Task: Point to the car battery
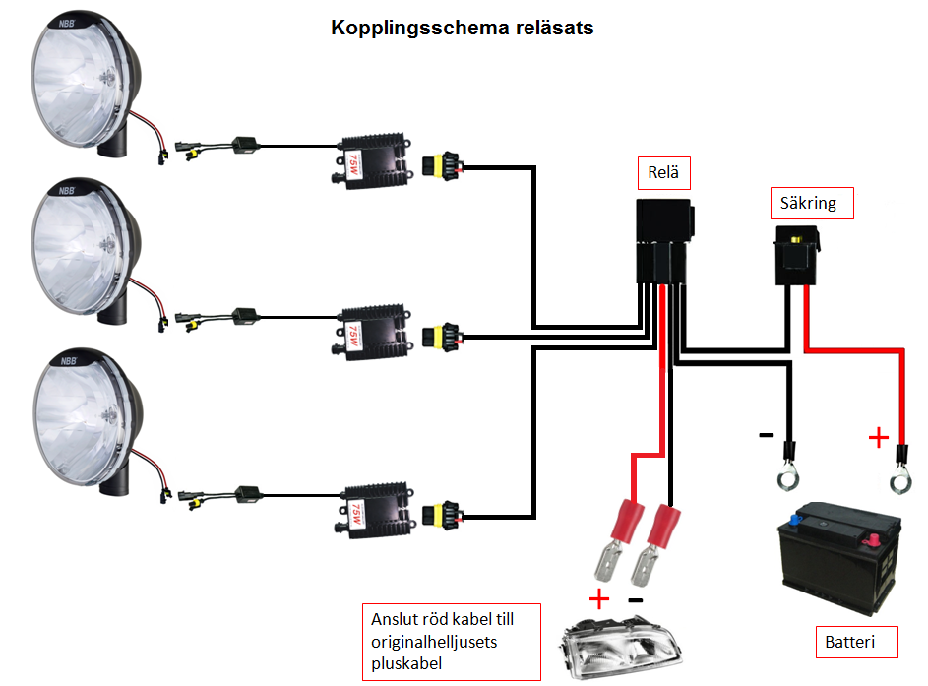(x=839, y=557)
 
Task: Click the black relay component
(x=665, y=240)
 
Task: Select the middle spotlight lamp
(x=85, y=250)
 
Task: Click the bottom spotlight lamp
(x=85, y=417)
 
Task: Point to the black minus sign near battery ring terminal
(x=765, y=434)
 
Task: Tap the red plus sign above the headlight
(x=599, y=597)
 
